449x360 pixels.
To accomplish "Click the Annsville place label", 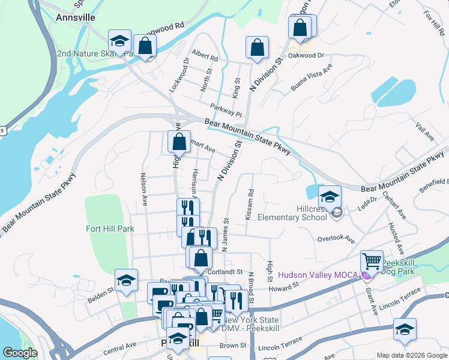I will (75, 17).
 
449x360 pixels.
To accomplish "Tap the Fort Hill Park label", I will (110, 229).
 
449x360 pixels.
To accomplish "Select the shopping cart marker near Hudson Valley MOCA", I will (372, 262).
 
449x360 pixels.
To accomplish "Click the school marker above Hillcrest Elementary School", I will (330, 197).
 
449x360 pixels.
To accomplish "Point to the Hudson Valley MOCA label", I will (319, 275).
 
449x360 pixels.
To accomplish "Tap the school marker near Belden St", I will (126, 280).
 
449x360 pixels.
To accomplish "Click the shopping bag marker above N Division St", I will (257, 48).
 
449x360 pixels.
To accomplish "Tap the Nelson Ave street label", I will (143, 187).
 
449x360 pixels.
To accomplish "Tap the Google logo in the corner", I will (20, 353).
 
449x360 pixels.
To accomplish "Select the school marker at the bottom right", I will (405, 331).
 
